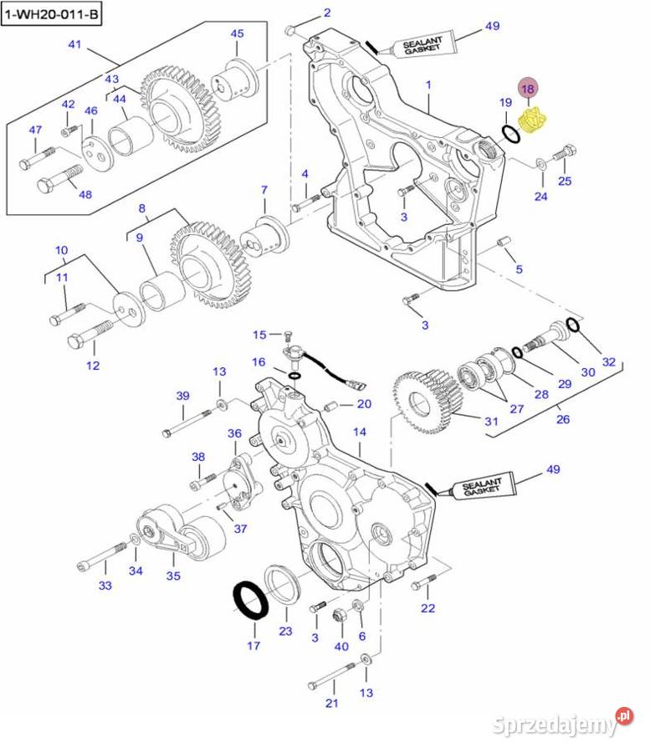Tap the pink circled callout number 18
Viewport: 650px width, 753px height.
pyautogui.click(x=528, y=88)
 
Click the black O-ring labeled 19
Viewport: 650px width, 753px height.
pyautogui.click(x=509, y=133)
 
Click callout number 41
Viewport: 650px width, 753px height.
pyautogui.click(x=75, y=44)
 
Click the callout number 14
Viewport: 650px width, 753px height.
pyautogui.click(x=360, y=432)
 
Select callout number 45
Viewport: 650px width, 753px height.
pyautogui.click(x=238, y=33)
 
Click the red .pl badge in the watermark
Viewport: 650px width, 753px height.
pyautogui.click(x=623, y=716)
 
